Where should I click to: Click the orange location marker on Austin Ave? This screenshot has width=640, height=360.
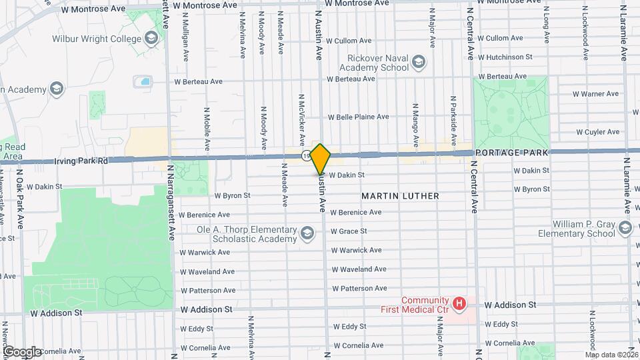(x=321, y=159)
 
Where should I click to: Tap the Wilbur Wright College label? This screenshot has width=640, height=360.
(x=97, y=39)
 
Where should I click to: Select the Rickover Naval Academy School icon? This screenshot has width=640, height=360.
(x=418, y=63)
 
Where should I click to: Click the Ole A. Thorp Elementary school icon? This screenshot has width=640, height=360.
(x=307, y=233)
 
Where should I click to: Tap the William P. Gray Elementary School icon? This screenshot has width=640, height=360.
(x=625, y=229)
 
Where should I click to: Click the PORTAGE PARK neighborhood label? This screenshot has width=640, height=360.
(x=512, y=153)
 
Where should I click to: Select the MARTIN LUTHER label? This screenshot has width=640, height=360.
(x=400, y=196)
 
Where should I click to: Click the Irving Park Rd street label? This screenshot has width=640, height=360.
(x=81, y=161)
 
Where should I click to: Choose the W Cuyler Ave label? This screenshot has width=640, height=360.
(x=598, y=132)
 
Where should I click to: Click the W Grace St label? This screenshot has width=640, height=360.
(x=349, y=231)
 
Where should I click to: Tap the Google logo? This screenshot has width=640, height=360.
(x=22, y=351)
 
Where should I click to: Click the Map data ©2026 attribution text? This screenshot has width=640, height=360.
(x=611, y=354)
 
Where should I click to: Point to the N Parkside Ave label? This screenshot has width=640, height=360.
(x=453, y=115)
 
